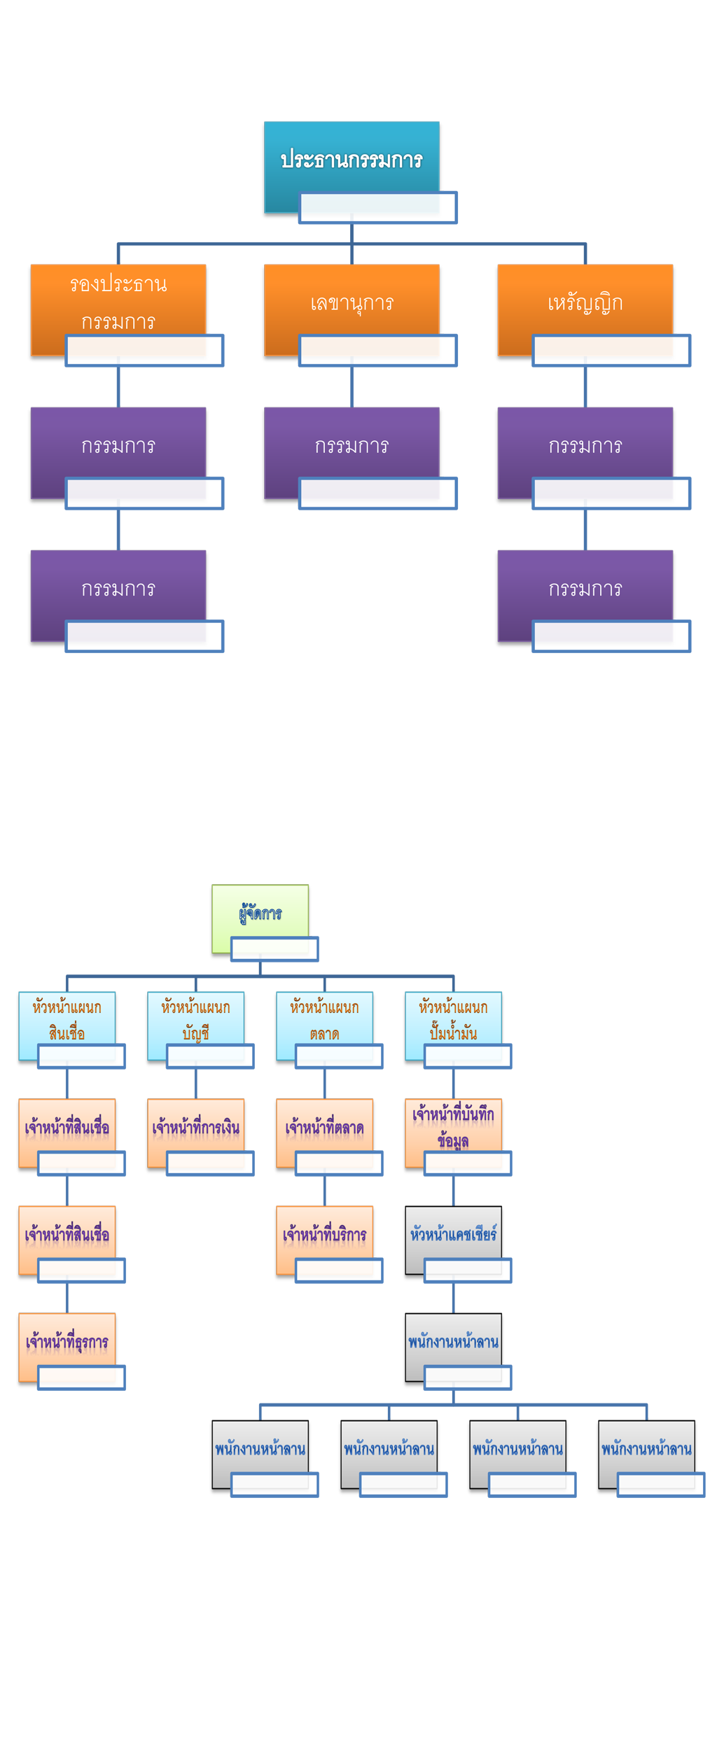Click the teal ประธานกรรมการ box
point(351,160)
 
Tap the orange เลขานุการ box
point(351,302)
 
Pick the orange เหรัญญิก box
point(585,302)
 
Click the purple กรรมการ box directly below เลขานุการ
point(351,445)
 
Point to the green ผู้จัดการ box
point(260,913)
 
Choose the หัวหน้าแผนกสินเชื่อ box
point(67,1019)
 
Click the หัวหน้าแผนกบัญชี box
point(195,1019)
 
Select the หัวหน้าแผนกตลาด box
point(324,1019)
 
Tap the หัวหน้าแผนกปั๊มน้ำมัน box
point(453,1019)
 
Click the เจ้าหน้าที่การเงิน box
point(195,1127)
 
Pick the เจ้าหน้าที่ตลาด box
point(324,1127)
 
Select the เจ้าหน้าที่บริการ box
point(324,1234)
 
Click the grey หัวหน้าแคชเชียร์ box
point(453,1234)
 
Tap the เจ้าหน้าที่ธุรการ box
point(67,1341)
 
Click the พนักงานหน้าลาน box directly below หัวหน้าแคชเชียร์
point(453,1341)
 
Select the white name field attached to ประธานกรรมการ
point(377,207)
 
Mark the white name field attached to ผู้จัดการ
point(274,949)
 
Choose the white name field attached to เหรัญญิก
point(611,350)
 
